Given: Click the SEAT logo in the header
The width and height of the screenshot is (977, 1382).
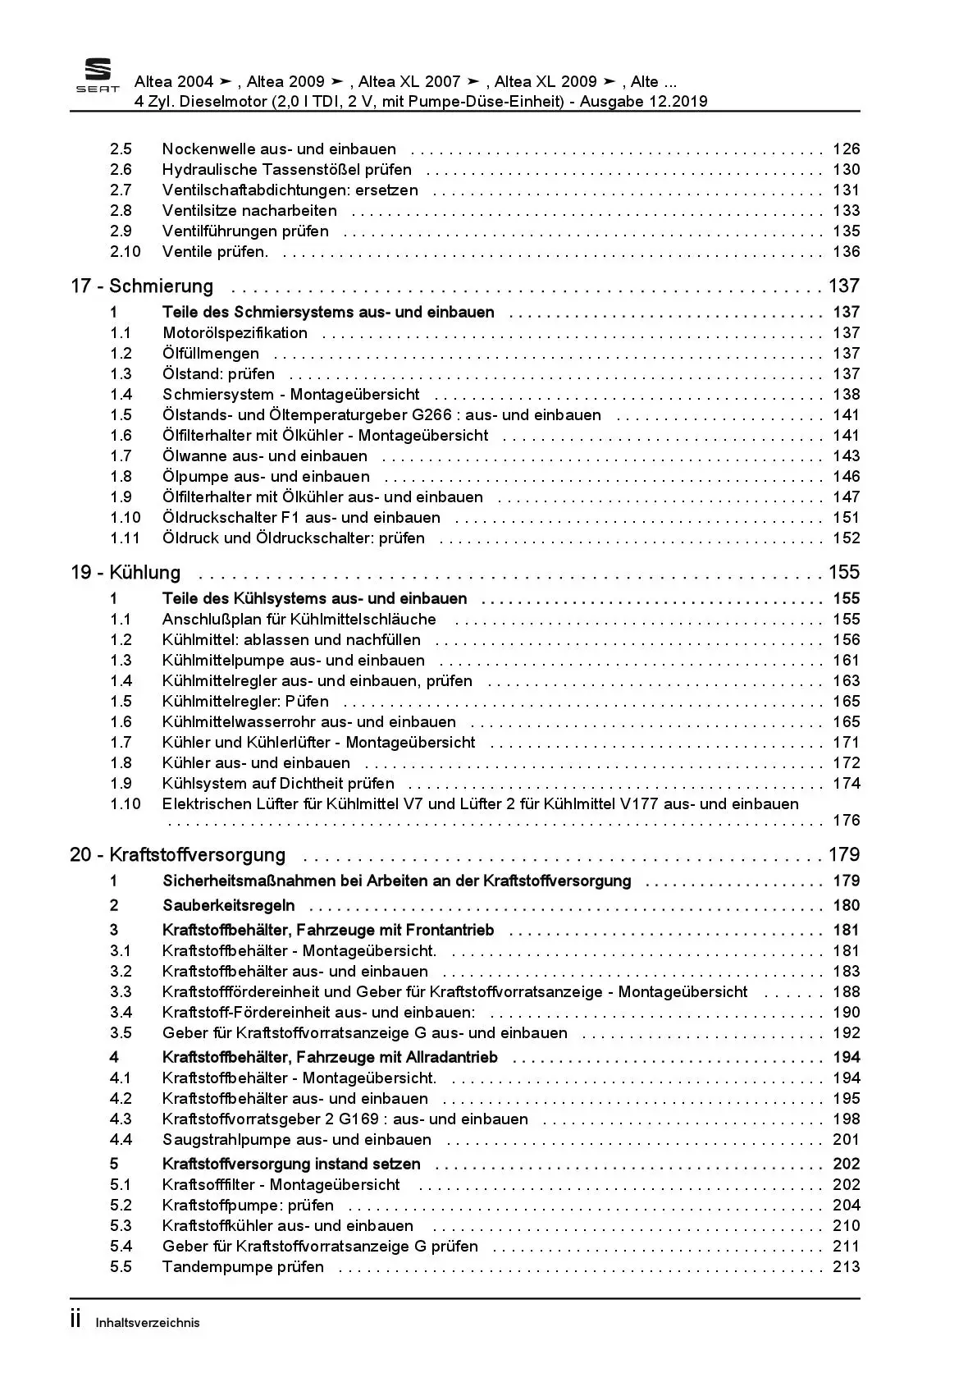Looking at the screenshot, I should coord(98,76).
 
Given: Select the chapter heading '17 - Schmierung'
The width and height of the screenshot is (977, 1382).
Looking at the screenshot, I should coord(142,286).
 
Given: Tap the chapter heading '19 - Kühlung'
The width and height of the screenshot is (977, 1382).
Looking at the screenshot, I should coord(126,573).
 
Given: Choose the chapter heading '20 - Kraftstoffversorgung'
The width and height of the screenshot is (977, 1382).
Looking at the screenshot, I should coord(178,855).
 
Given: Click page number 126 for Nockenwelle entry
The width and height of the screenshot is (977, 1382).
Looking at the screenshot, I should coord(846,149).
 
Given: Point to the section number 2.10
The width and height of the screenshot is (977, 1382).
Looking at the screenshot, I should coord(126,252).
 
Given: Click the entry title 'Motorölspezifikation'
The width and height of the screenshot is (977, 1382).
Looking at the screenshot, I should coord(235,333).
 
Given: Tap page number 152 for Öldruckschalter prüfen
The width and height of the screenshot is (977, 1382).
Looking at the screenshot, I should coord(846,538).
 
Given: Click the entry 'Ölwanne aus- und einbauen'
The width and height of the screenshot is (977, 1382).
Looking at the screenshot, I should coord(264,456).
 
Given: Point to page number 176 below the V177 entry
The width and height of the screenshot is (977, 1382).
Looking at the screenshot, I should coord(846,821).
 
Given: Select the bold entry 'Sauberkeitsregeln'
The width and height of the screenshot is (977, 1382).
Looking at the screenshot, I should coord(228,906).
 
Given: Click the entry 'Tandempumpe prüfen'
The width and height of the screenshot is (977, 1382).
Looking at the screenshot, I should coord(243,1267).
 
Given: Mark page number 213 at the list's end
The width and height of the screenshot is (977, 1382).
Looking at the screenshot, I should coord(846,1267).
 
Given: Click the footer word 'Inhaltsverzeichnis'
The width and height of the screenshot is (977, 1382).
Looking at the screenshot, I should coord(148,1323).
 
